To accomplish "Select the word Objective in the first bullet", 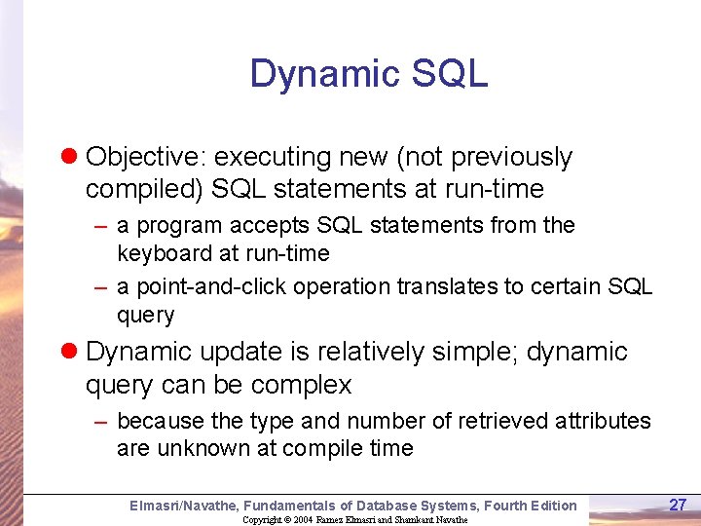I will (146, 157).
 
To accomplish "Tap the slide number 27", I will (678, 505).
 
